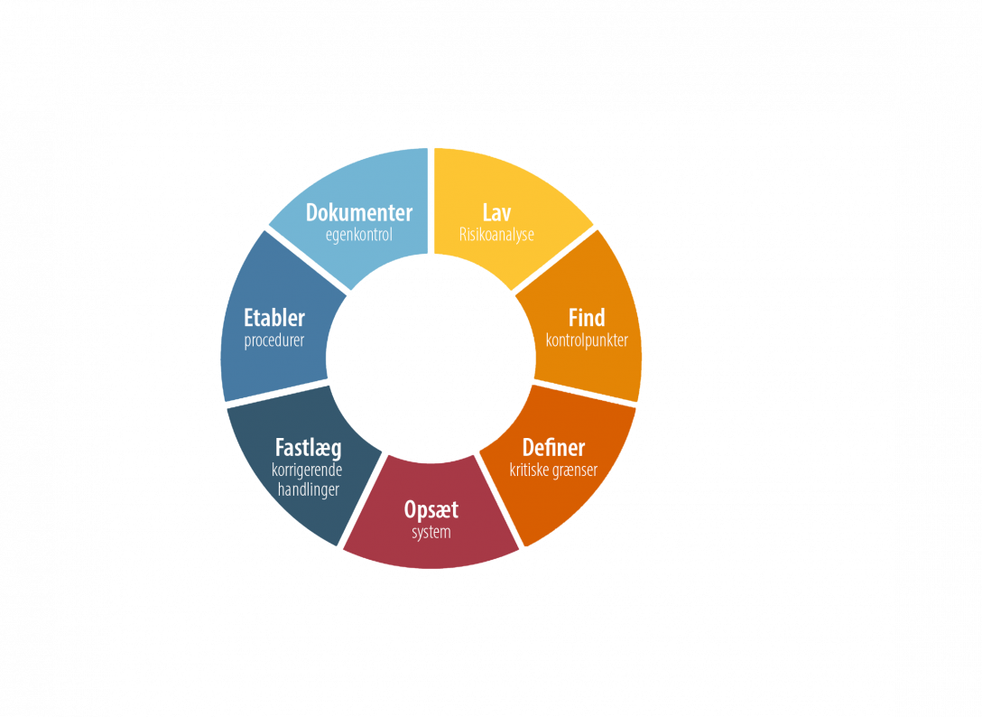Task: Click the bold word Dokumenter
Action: point(359,213)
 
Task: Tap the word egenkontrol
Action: point(359,235)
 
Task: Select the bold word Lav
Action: point(496,213)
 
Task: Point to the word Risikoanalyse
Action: point(496,235)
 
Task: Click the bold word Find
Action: point(587,318)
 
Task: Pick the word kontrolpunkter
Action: point(587,340)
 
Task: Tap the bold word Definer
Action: point(553,448)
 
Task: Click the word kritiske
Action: point(530,470)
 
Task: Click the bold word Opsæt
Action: point(431,510)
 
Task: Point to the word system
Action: point(431,533)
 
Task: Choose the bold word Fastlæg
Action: point(308,449)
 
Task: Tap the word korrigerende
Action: point(307,470)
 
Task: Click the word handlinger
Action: point(308,489)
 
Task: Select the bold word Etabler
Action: point(274,318)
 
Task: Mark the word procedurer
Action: point(274,341)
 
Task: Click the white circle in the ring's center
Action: point(431,358)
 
